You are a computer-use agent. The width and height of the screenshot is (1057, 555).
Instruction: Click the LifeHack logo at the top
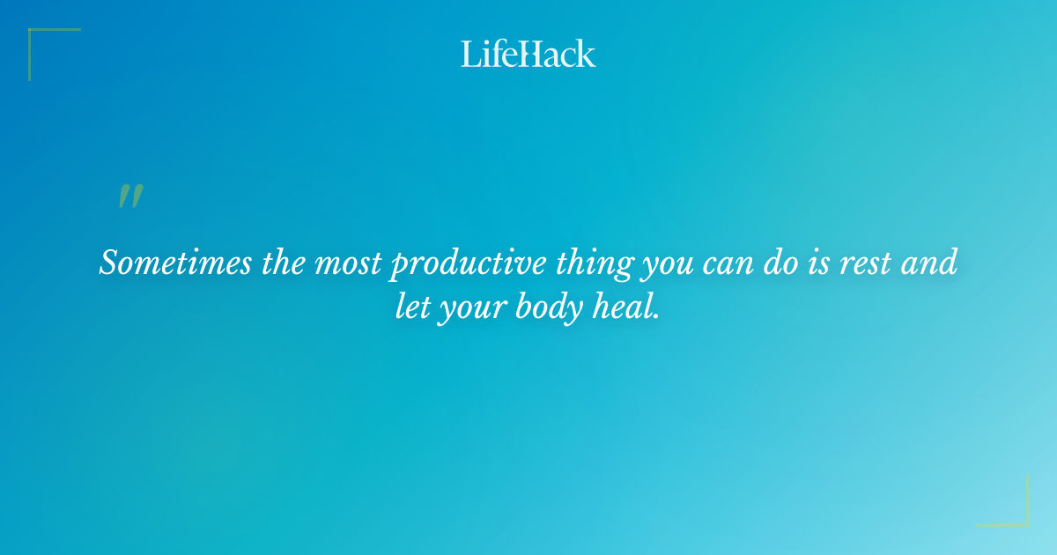[x=528, y=54]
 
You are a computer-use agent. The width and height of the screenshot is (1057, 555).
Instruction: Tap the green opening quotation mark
[x=130, y=197]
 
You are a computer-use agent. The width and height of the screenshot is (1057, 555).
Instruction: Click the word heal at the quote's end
[x=626, y=309]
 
